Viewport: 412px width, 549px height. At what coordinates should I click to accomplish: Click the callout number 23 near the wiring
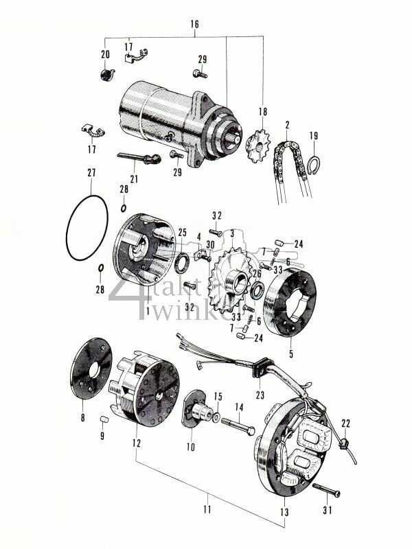(x=260, y=395)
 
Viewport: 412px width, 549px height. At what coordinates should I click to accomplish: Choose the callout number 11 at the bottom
(x=207, y=509)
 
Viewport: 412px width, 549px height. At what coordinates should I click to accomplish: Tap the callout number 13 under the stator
(x=284, y=512)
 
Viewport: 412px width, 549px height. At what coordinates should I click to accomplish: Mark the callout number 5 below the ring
(x=290, y=355)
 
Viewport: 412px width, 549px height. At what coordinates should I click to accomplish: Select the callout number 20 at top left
(x=105, y=55)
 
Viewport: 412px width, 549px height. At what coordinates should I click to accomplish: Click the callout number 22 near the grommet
(x=345, y=423)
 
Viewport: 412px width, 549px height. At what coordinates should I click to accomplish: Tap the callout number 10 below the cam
(x=190, y=447)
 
